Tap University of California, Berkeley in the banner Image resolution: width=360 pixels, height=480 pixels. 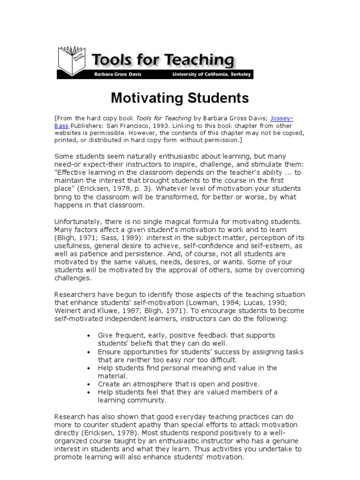pos(211,75)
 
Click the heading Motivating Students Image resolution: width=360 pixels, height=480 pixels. pos(180,98)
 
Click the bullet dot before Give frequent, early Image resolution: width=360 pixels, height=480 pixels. pos(89,336)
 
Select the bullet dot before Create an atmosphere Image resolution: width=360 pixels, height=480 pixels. pos(89,384)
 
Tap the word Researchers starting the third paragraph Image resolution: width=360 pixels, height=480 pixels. pos(75,294)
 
